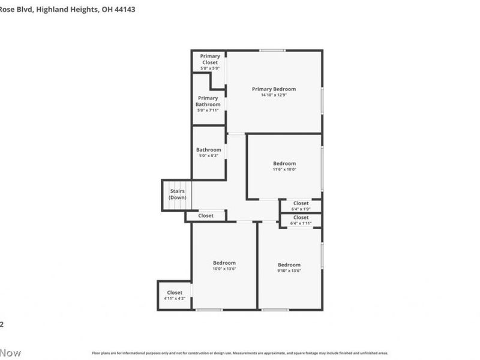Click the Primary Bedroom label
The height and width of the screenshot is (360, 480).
[274, 89]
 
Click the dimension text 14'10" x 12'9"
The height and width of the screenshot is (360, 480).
[274, 95]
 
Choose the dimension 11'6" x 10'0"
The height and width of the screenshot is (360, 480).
[284, 169]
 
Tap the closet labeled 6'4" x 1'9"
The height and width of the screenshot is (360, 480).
[301, 206]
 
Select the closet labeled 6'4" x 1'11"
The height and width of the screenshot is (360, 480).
[301, 220]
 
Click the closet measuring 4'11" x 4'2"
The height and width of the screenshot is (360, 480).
[174, 295]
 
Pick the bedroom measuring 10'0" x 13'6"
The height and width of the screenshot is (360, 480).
[224, 266]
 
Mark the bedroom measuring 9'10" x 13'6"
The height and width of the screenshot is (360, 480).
[289, 268]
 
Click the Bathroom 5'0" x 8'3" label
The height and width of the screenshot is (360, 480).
[209, 152]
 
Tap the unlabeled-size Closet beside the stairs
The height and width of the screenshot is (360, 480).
[206, 215]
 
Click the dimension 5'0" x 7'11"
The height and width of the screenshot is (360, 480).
[208, 110]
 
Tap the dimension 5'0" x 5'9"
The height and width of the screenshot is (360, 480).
[210, 68]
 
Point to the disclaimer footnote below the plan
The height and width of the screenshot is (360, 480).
[240, 353]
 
